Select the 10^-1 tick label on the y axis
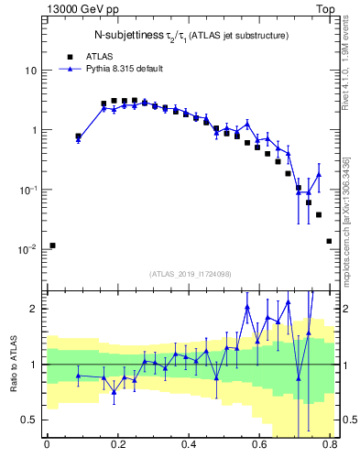click(27, 190)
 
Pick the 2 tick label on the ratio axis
click(35, 309)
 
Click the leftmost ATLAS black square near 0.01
click(52, 245)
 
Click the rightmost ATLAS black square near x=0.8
click(329, 241)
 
